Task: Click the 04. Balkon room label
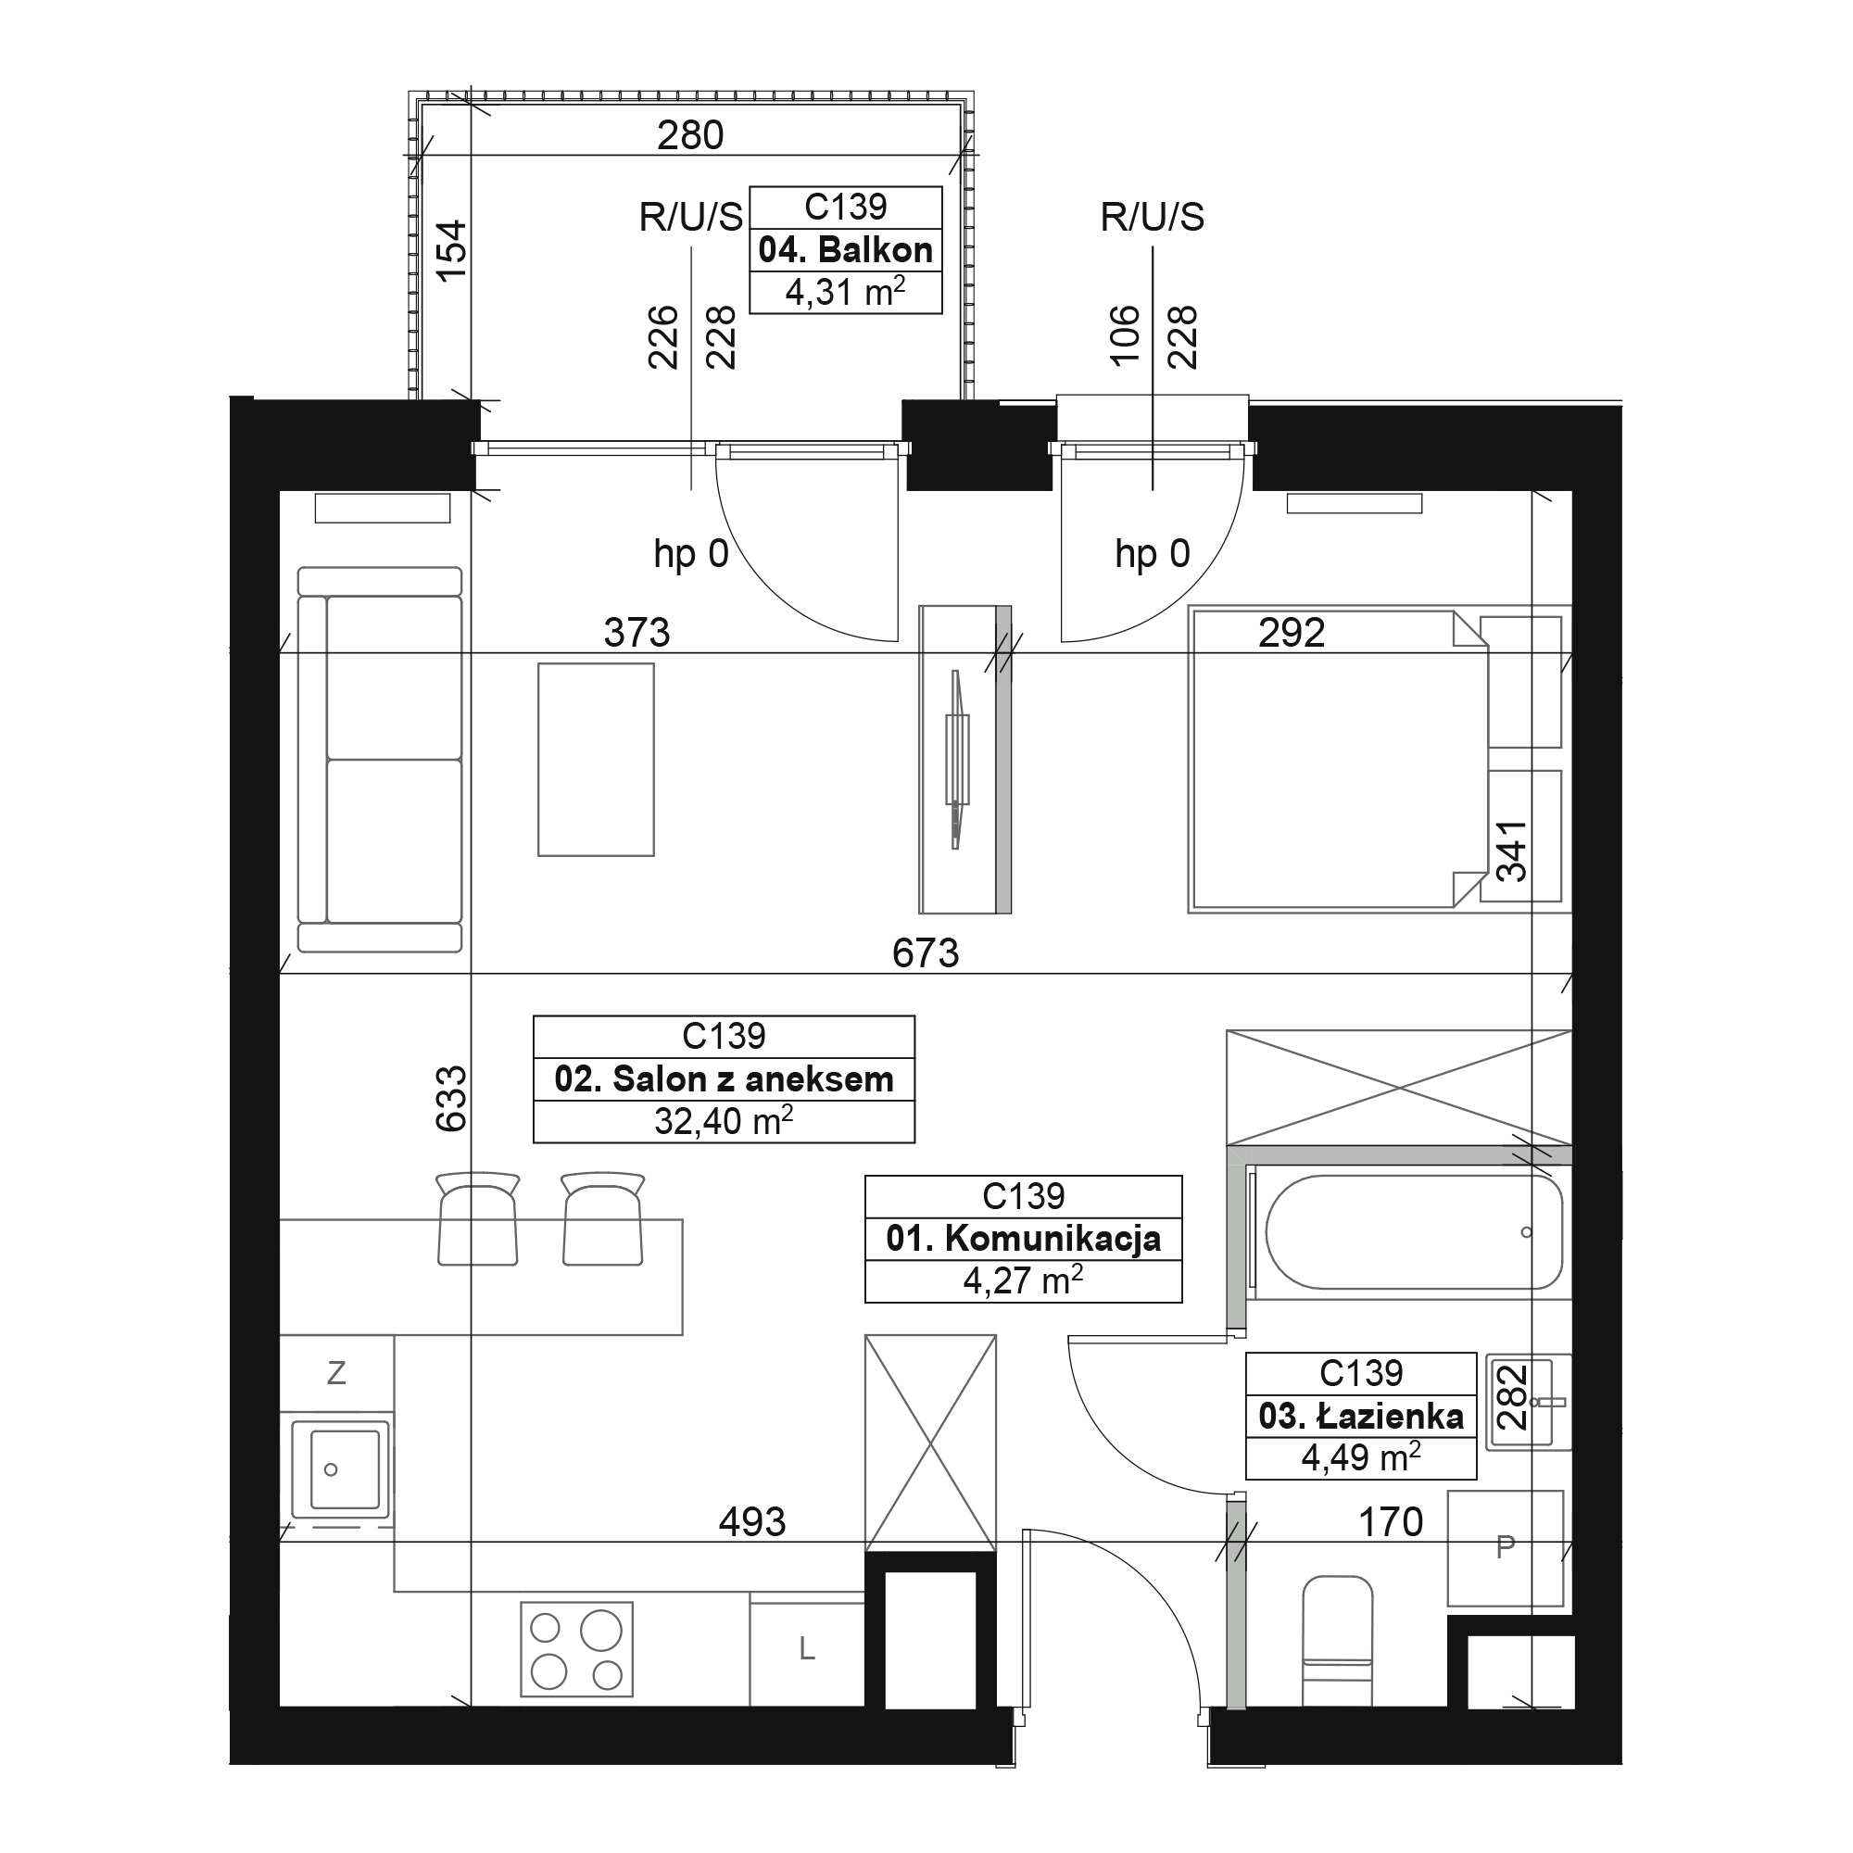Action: tap(845, 250)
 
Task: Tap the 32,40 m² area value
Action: tap(725, 1120)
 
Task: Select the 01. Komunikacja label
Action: tap(1024, 1238)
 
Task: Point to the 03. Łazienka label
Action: tap(1361, 1416)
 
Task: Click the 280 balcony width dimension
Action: tap(690, 135)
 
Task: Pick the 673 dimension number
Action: tap(926, 953)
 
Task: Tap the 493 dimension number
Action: tap(752, 1522)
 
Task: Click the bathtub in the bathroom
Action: tap(1414, 1232)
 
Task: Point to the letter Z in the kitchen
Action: tap(335, 1373)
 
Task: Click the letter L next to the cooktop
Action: tap(807, 1650)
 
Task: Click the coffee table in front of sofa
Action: tap(596, 760)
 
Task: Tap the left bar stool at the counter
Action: tap(478, 1218)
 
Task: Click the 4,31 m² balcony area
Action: tap(845, 292)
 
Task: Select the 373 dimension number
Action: tap(637, 633)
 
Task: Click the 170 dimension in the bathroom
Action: tap(1391, 1522)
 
